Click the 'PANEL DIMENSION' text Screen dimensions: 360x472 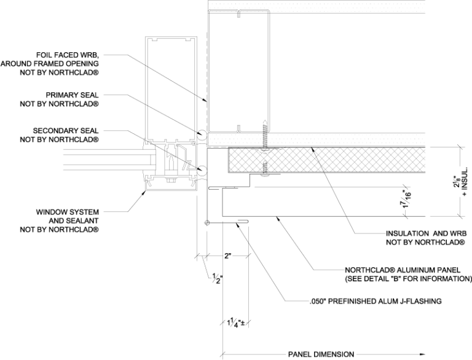coord(321,354)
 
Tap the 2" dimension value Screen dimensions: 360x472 coord(227,256)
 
